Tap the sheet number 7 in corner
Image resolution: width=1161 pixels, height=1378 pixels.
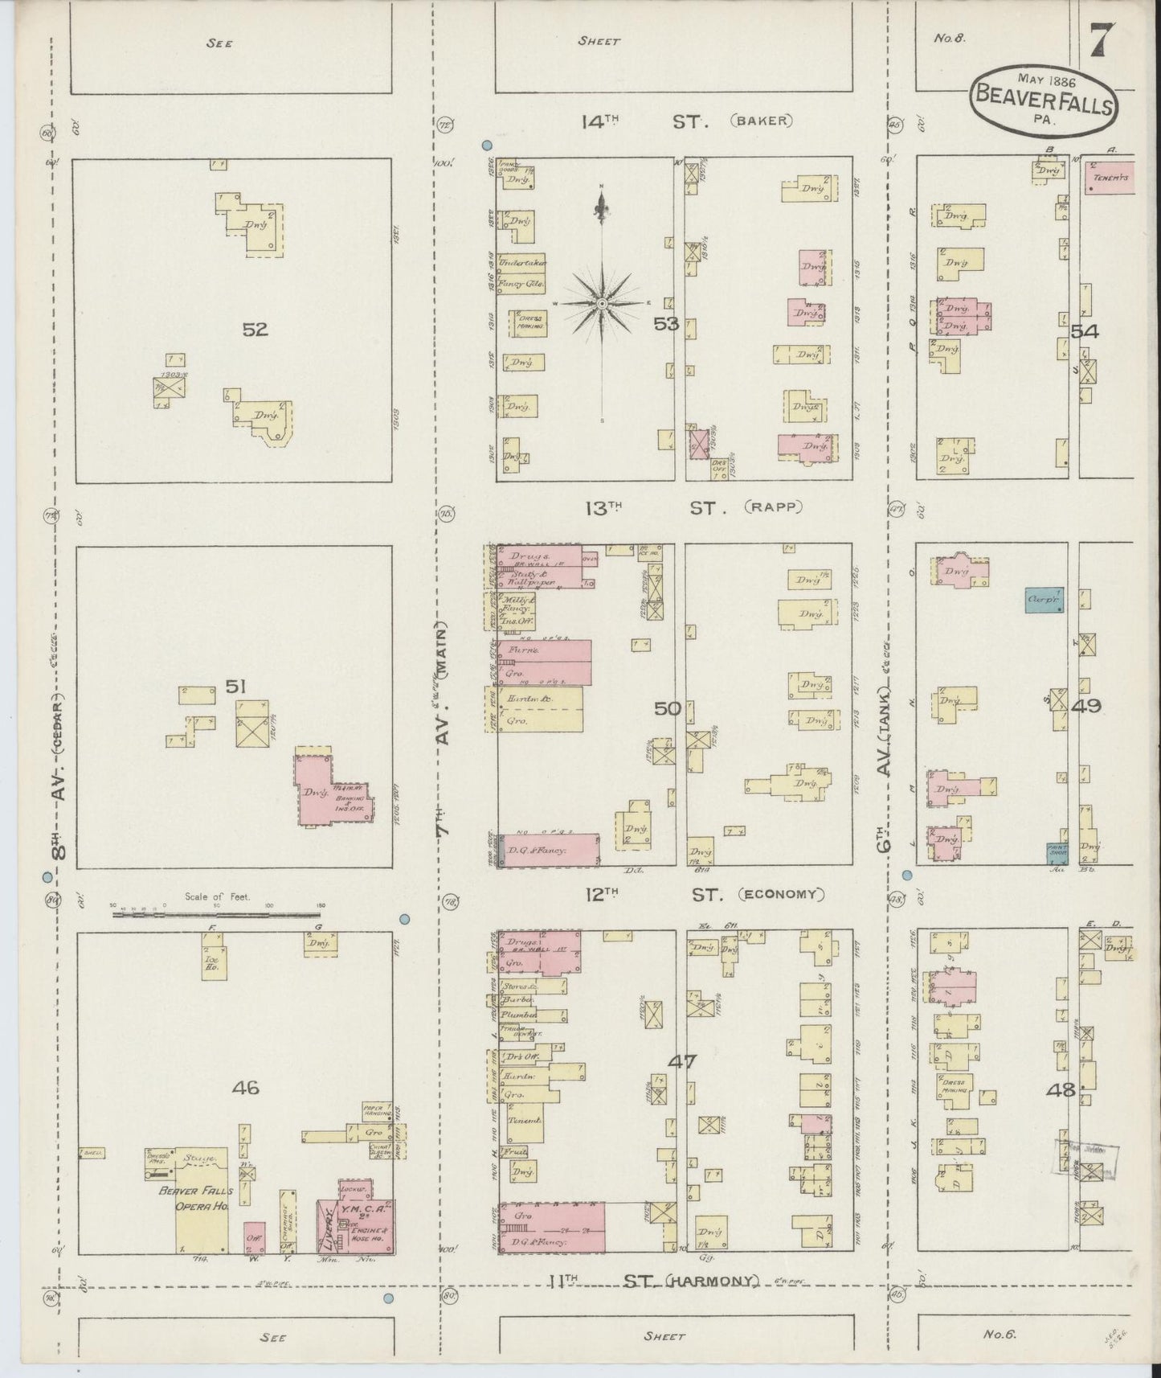pyautogui.click(x=1102, y=41)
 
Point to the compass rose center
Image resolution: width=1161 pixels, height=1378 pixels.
pyautogui.click(x=602, y=303)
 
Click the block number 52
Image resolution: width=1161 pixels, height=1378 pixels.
pyautogui.click(x=255, y=329)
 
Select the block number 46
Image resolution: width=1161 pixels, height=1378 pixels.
pyautogui.click(x=245, y=1088)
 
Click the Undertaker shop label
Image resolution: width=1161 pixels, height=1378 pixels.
pyautogui.click(x=522, y=263)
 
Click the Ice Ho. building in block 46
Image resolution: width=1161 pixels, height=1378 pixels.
pyautogui.click(x=213, y=962)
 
